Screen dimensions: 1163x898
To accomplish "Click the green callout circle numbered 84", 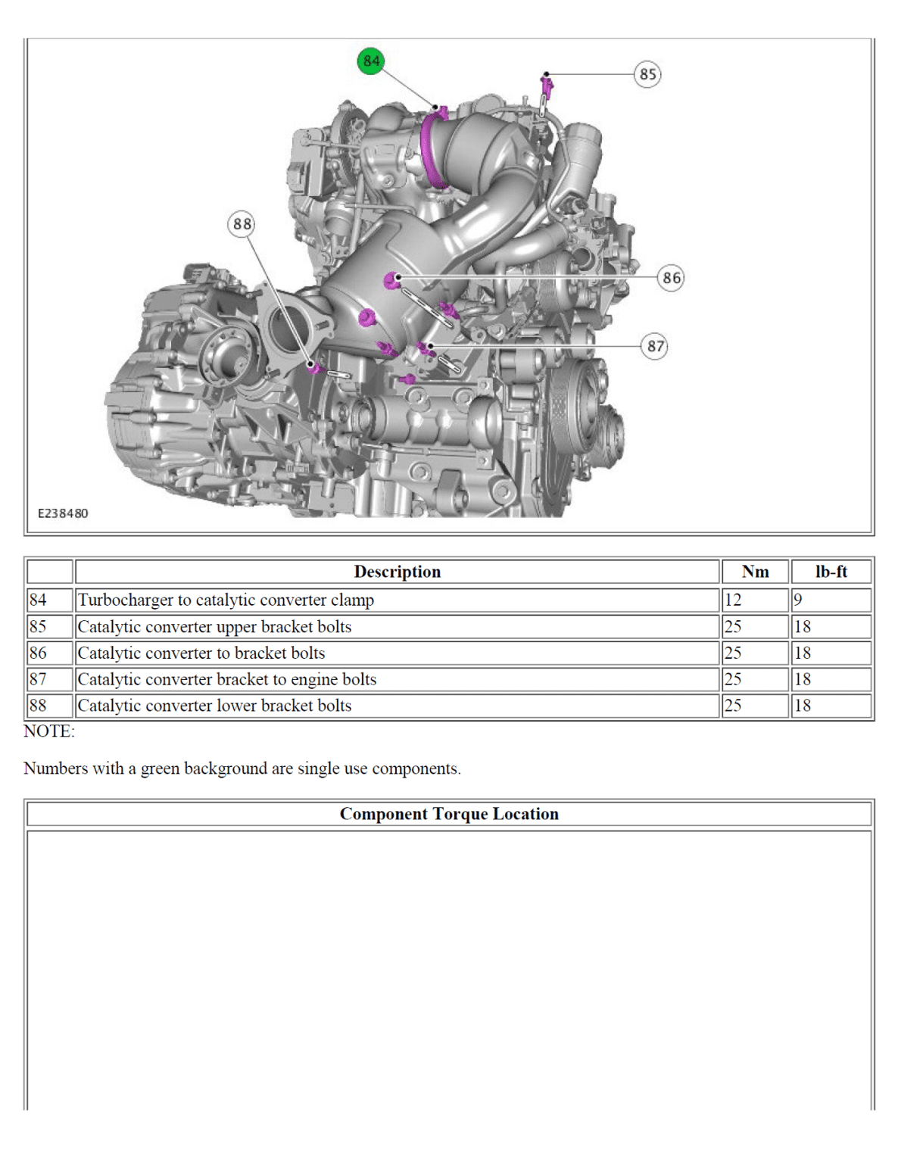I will point(371,61).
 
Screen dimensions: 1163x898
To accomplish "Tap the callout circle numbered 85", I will point(647,74).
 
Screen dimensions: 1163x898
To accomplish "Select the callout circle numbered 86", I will point(671,278).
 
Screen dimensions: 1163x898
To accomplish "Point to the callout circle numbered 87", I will point(655,347).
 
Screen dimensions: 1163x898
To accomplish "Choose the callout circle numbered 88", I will point(242,224).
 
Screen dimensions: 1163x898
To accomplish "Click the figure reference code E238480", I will point(63,513).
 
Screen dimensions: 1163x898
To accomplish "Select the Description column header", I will point(397,572).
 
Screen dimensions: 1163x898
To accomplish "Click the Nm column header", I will point(755,572).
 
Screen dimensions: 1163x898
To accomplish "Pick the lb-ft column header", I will point(831,572).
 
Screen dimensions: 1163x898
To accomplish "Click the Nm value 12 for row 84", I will point(733,600).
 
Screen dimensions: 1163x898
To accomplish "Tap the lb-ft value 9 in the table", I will point(798,600).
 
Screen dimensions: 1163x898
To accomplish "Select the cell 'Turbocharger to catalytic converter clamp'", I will point(226,600).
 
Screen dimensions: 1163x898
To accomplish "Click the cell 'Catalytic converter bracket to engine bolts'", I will point(226,679).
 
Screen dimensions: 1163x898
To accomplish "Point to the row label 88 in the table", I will point(38,706).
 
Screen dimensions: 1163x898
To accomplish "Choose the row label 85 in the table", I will point(38,627).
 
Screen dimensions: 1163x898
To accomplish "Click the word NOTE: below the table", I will point(49,731).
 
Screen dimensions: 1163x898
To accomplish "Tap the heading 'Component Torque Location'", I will point(449,814).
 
